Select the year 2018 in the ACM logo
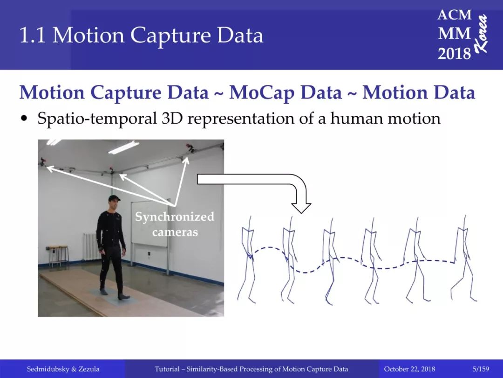pos(454,53)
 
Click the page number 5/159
pos(481,369)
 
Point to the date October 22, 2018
pos(409,369)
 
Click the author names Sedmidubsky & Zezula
pos(63,369)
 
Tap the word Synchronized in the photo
pos(174,217)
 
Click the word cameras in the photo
pos(175,232)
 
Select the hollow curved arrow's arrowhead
pos(301,208)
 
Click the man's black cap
pos(114,198)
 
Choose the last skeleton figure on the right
pos(464,259)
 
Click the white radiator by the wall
pos(91,246)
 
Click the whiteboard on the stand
pos(149,224)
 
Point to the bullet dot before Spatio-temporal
pos(23,118)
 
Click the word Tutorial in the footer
pos(167,369)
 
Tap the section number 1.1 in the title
pos(32,35)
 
